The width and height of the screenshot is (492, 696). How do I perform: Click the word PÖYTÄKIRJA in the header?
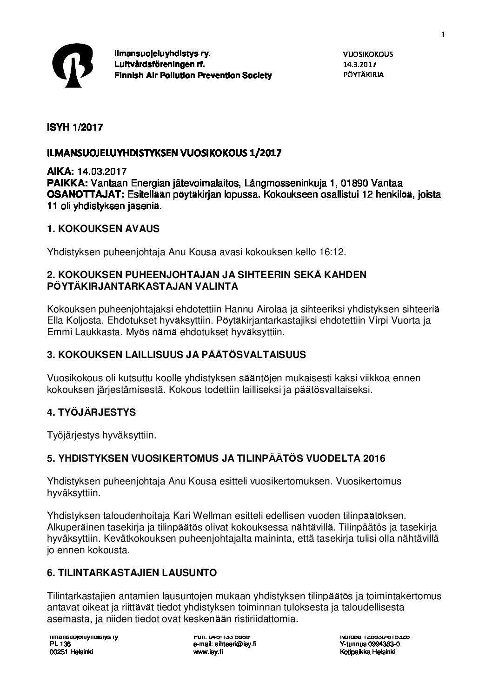(363, 74)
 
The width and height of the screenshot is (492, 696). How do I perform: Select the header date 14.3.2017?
(359, 64)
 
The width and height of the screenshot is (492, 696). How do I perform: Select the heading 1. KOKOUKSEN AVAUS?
(103, 229)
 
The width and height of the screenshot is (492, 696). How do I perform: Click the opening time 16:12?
(334, 252)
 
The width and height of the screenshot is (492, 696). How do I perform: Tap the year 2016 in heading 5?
(373, 458)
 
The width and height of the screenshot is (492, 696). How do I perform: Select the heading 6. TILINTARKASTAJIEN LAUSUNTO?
(132, 573)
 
